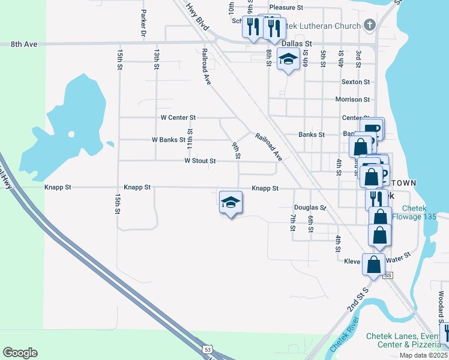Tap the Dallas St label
tap(297, 44)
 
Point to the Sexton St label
tap(355, 82)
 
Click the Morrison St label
tap(352, 99)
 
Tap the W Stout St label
tap(200, 161)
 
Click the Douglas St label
tap(310, 208)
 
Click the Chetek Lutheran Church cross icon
tap(370, 25)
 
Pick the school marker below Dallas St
tap(288, 59)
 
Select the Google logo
tap(20, 353)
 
